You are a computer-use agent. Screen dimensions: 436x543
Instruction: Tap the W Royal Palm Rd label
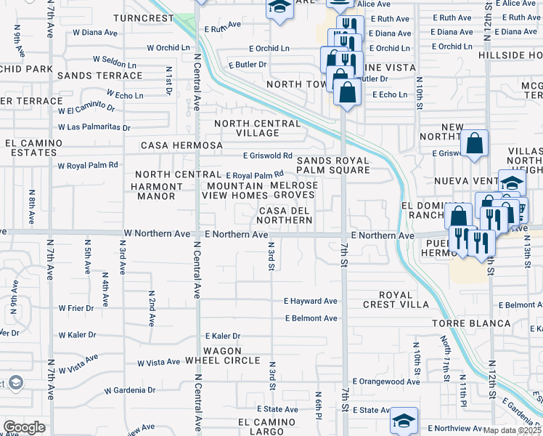[88, 165]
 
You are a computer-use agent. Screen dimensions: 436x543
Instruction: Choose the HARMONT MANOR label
[152, 191]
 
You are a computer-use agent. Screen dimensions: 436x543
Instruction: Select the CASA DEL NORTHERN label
[285, 215]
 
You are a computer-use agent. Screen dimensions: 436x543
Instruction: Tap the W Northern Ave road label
[157, 234]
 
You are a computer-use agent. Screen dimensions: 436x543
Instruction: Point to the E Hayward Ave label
[311, 301]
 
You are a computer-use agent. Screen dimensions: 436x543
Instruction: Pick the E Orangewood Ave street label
[386, 381]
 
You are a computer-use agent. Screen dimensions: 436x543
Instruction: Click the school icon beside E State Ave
[404, 419]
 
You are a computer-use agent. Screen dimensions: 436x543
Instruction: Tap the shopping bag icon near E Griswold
[474, 144]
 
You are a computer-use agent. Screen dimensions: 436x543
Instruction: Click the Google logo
[24, 427]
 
